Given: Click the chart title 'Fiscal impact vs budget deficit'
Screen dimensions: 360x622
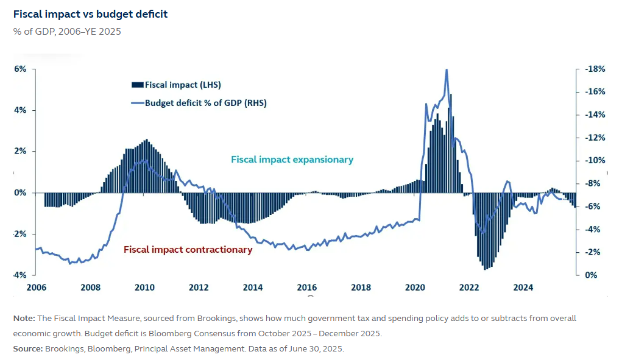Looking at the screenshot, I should click(90, 14).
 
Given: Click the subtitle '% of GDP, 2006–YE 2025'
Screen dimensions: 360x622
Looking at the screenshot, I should click(66, 32).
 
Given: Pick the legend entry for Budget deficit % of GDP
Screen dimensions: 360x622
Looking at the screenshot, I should click(205, 103).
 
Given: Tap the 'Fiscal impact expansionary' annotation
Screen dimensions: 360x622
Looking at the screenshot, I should click(292, 160).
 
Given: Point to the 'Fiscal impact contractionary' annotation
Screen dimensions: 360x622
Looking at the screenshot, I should click(188, 250).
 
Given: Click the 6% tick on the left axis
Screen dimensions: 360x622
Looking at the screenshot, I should click(20, 69).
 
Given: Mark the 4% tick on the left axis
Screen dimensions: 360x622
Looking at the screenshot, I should click(20, 110).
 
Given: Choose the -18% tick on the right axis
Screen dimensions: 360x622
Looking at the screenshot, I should click(595, 69).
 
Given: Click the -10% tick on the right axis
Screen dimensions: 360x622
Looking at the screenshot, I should click(595, 161).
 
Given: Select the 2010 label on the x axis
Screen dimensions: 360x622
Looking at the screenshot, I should click(144, 288).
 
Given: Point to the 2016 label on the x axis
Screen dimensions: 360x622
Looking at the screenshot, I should click(306, 288).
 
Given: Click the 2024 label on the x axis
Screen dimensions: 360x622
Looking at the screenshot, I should click(523, 288).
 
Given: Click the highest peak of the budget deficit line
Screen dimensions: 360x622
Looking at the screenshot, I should click(447, 70).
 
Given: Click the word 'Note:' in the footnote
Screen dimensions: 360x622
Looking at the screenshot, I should click(24, 319).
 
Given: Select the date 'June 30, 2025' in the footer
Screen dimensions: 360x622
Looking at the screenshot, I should click(319, 349).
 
